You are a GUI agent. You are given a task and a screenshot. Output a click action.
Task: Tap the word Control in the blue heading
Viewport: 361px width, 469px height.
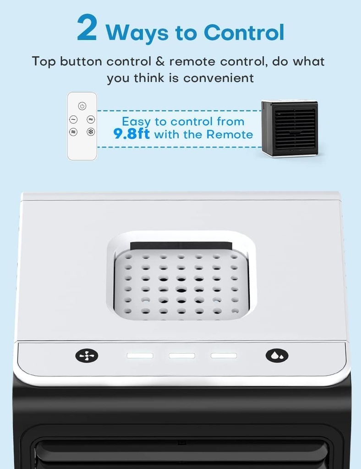click(244, 33)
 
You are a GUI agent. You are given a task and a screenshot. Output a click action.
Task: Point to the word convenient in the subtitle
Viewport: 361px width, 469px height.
click(219, 78)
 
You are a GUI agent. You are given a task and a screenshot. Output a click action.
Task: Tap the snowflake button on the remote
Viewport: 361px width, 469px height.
click(91, 132)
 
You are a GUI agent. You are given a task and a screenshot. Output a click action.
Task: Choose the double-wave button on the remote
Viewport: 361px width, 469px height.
click(91, 119)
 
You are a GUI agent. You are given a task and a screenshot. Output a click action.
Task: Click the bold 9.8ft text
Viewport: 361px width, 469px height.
click(131, 134)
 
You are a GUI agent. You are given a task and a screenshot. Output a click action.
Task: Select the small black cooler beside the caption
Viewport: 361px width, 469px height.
click(290, 128)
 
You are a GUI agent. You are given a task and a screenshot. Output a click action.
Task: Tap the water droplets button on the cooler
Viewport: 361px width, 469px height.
click(277, 355)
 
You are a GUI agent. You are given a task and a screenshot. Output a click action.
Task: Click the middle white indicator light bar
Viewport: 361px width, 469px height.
click(182, 355)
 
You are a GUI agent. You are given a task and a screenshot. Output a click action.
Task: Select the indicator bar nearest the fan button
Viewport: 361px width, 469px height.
click(140, 355)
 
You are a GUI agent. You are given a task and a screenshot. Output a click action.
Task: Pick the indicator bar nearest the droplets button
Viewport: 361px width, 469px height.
click(224, 355)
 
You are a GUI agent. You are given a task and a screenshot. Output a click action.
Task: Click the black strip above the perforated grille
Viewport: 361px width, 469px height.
click(180, 245)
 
